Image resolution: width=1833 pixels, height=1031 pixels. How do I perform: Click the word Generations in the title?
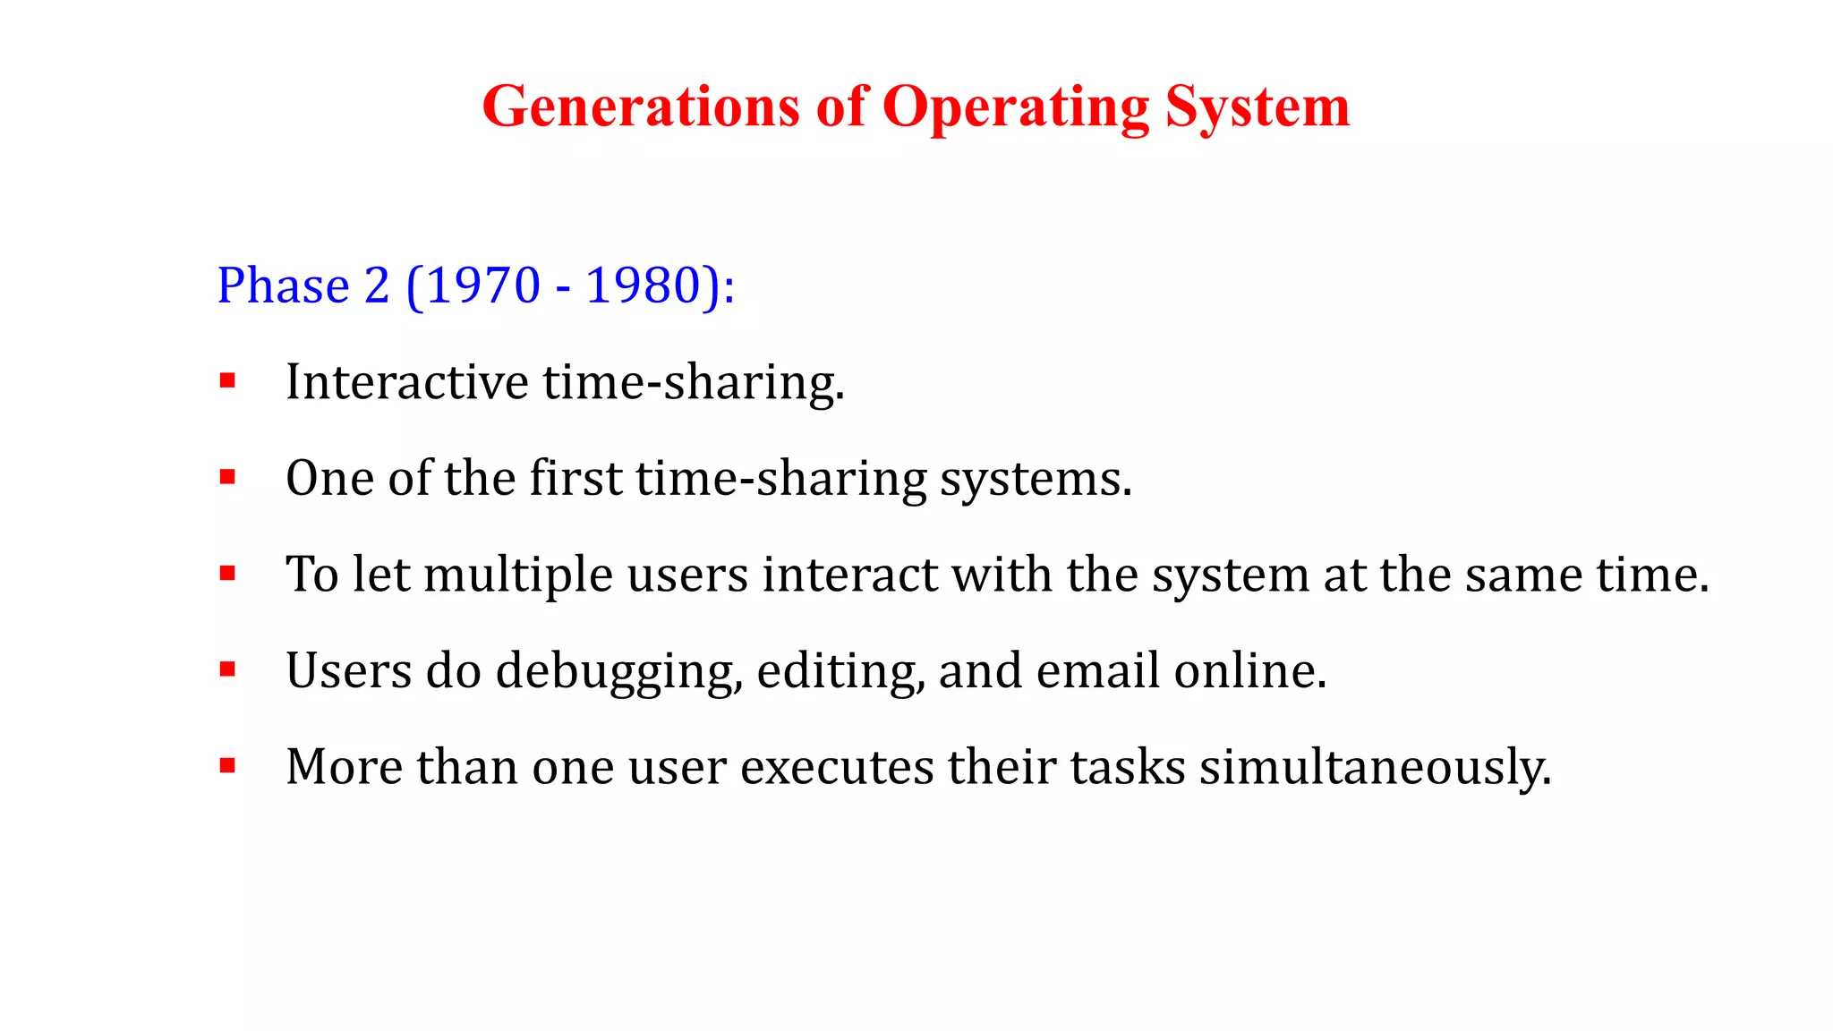pos(640,107)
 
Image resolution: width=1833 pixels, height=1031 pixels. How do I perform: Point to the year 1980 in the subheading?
pos(643,286)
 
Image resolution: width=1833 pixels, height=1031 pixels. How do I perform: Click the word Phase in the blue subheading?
pos(283,286)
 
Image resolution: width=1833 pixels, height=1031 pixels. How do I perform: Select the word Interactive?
pos(407,382)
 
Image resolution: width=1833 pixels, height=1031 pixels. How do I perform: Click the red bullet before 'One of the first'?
pos(227,478)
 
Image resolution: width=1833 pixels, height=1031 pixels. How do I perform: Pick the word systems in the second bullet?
pos(1036,480)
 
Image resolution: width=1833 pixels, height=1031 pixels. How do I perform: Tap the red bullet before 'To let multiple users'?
pos(227,574)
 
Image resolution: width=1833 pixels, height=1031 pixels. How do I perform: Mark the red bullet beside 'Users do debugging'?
pos(227,669)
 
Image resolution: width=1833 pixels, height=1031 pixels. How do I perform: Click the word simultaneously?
pos(1375,768)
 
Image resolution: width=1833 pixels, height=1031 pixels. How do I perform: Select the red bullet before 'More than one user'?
pos(227,766)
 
